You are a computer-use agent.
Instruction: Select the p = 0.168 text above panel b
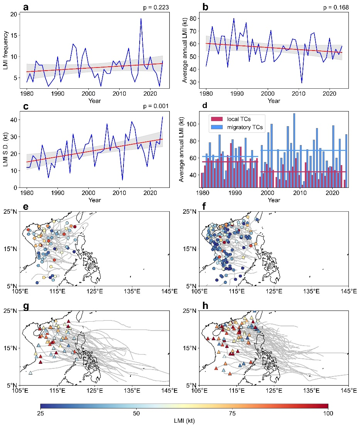338,7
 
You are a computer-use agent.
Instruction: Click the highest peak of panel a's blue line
141,19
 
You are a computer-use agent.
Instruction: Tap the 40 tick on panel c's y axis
14,120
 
